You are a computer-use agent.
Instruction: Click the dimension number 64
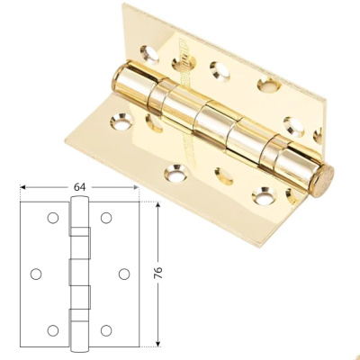(80, 187)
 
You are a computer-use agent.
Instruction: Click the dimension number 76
(158, 273)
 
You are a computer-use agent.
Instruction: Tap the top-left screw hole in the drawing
(53, 218)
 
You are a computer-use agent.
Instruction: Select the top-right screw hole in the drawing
(106, 218)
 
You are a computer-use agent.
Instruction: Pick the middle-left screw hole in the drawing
(36, 274)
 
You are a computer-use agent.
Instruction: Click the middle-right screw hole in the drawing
(123, 274)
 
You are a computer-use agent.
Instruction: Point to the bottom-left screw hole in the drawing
(53, 330)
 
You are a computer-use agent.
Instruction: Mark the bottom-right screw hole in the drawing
(106, 330)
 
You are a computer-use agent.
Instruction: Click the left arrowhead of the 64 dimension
(23, 187)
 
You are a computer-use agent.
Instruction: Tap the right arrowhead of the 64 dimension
(136, 187)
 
